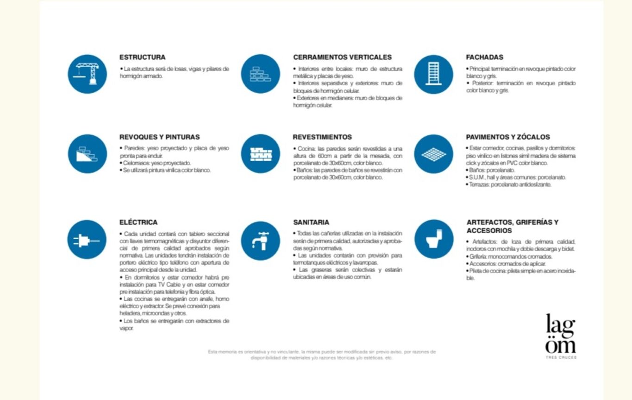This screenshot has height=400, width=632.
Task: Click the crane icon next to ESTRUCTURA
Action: [x=87, y=74]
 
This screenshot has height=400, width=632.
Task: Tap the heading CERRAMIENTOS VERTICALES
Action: [x=342, y=57]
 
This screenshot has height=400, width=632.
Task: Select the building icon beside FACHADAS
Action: [x=433, y=74]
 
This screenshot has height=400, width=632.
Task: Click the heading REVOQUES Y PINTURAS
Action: [x=159, y=137]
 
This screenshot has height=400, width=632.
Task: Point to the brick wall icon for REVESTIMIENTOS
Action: [x=261, y=154]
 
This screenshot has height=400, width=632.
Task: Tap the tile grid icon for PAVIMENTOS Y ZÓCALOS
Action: [x=433, y=154]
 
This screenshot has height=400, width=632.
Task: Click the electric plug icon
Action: [x=87, y=239]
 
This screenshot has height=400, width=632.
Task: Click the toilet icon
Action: [x=433, y=239]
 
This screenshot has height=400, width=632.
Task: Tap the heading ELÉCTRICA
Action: [x=138, y=222]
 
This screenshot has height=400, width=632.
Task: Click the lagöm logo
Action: [x=561, y=334]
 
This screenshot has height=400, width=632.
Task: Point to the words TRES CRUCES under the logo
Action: [x=561, y=357]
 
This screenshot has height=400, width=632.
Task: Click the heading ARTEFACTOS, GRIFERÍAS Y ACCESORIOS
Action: [x=512, y=226]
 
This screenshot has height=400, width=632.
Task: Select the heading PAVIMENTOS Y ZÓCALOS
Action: [x=507, y=137]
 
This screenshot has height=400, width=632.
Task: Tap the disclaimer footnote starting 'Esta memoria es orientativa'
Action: [x=322, y=355]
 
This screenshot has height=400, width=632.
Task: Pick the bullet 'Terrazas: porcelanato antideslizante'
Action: [x=509, y=184]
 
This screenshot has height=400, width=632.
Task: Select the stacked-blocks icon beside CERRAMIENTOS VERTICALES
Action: [x=261, y=74]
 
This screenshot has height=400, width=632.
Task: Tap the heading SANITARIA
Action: [x=311, y=222]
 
